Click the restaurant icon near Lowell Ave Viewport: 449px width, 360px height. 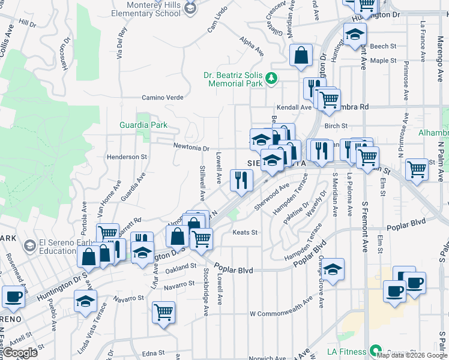[x=241, y=180]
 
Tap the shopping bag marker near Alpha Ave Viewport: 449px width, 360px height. [x=301, y=55]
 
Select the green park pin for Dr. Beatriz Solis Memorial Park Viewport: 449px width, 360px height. [x=271, y=77]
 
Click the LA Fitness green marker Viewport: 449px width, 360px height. [x=375, y=351]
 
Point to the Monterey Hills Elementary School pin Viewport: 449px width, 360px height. [x=190, y=8]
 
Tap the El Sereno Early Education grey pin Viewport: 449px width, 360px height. [x=29, y=246]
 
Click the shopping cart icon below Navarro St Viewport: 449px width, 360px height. [x=163, y=313]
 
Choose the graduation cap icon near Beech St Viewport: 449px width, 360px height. [x=355, y=34]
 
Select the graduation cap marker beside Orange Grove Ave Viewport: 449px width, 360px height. [x=333, y=269]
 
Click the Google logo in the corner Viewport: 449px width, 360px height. [x=20, y=352]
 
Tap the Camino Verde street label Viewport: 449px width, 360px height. [x=162, y=98]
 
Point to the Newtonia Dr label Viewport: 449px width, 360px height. [x=191, y=148]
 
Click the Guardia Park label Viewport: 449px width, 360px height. [x=142, y=125]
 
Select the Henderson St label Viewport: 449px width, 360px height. [x=127, y=157]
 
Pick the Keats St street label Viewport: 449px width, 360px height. [x=245, y=232]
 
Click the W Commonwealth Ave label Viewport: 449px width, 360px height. [x=281, y=313]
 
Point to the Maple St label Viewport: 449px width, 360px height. [x=383, y=61]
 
